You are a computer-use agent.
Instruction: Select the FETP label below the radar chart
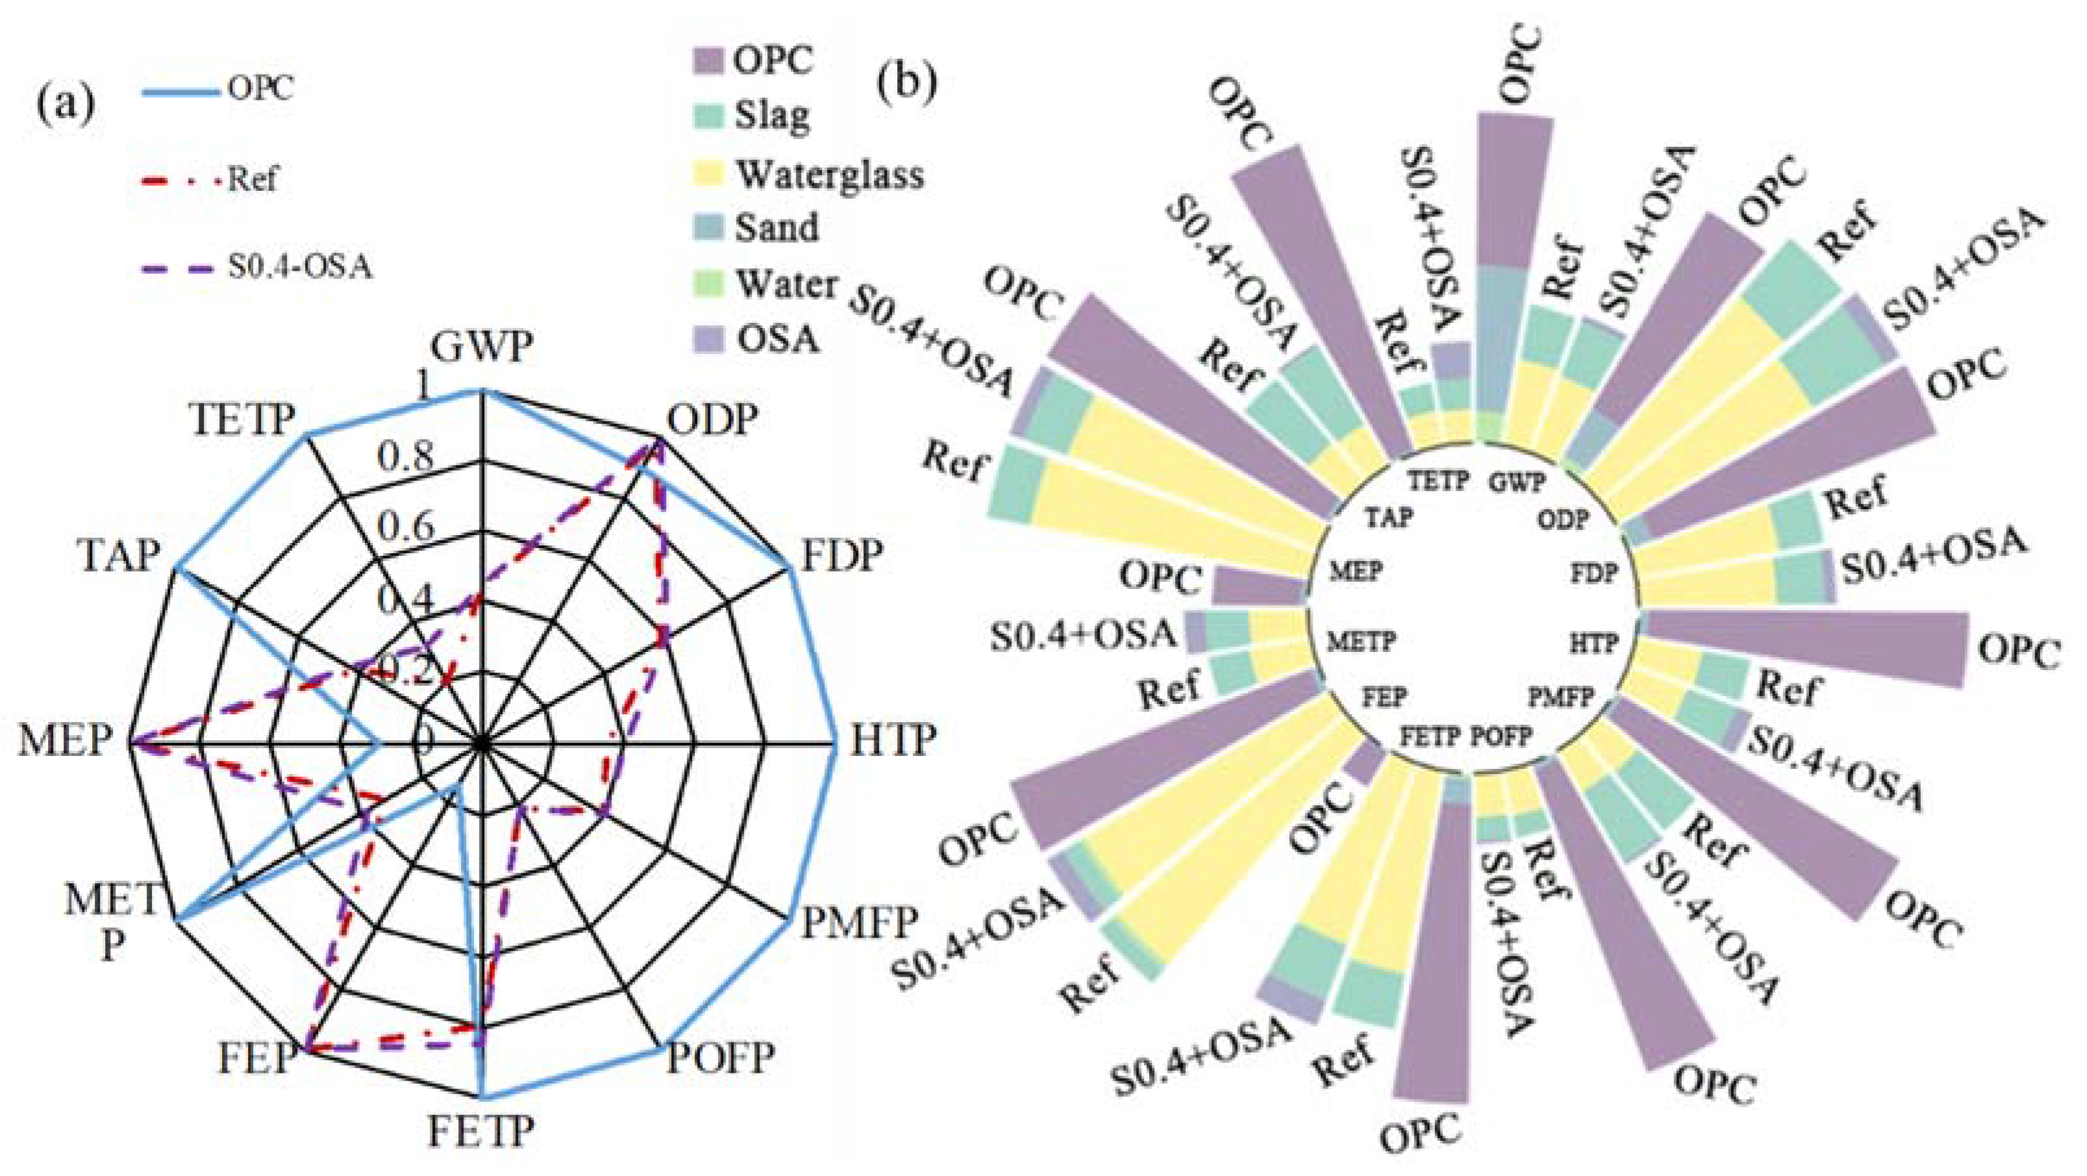tap(481, 1132)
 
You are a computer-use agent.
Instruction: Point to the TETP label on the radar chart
tap(241, 420)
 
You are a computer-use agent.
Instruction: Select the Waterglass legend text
tap(830, 174)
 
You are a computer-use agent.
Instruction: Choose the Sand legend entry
tap(776, 228)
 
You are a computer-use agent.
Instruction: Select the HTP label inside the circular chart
tap(1594, 644)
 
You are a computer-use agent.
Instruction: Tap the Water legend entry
tap(784, 284)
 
